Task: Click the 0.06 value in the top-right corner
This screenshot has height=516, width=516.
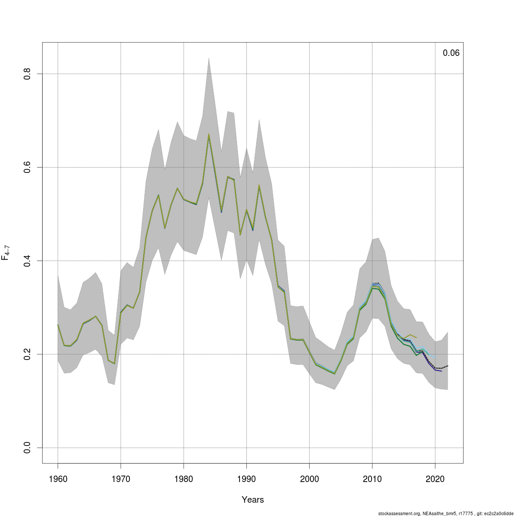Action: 451,53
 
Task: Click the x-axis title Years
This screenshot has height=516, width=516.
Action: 253,500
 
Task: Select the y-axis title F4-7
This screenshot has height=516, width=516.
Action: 6,251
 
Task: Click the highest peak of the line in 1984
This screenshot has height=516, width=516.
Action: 209,134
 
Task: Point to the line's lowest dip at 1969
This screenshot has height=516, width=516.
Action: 114,363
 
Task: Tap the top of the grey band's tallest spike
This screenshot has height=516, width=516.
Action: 209,58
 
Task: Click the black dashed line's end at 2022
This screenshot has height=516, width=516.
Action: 448,365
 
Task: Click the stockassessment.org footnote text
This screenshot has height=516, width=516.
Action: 445,513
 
